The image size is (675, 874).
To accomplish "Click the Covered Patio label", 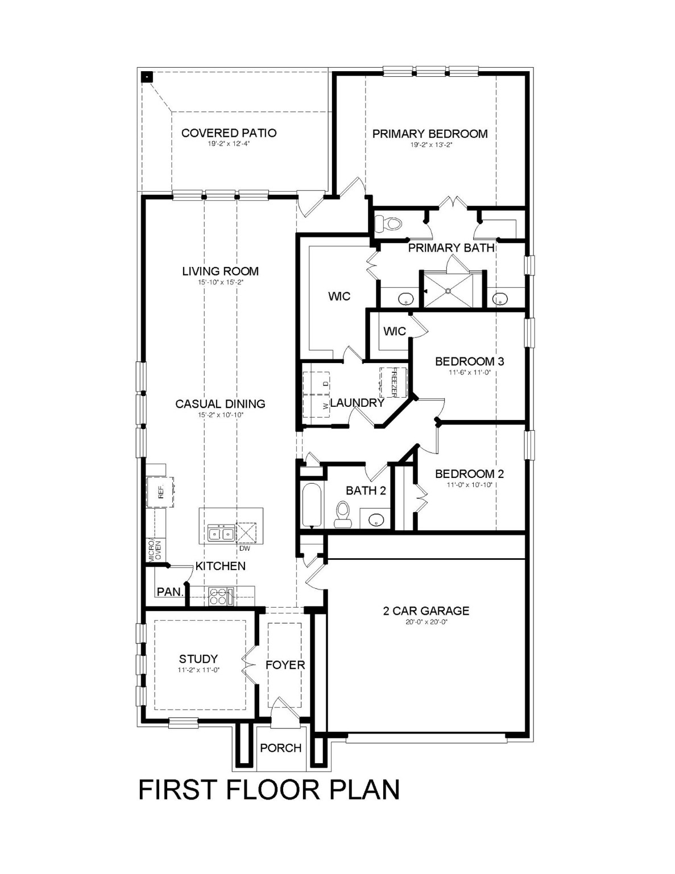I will click(x=229, y=133).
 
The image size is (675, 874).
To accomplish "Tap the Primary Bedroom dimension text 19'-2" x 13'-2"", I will click(x=430, y=145).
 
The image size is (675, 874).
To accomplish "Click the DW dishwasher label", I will click(x=245, y=549).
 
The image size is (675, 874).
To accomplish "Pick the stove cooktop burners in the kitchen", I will click(x=219, y=597).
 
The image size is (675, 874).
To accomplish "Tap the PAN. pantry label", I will click(x=170, y=592).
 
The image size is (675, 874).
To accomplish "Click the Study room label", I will click(x=198, y=659).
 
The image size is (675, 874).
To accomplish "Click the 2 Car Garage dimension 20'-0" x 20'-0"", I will click(x=426, y=622).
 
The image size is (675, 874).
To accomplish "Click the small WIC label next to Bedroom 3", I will click(x=394, y=331).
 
